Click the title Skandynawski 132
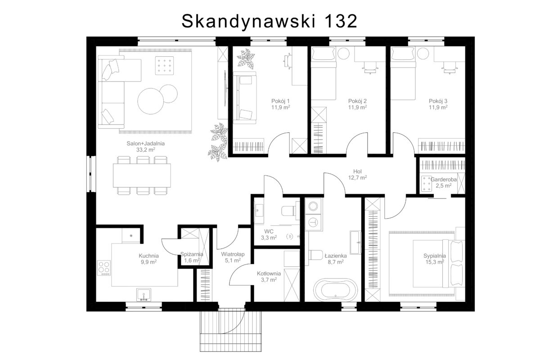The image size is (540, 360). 269,21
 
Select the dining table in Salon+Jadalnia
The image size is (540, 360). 142,175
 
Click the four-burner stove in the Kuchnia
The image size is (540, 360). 104,268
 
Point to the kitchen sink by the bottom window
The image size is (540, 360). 144,295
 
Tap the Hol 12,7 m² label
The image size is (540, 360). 357,175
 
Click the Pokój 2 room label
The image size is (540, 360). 357,101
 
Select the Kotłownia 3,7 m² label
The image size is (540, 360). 269,277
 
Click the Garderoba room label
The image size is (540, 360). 444,180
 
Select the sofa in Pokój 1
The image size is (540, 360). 244,98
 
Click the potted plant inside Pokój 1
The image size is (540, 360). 246,58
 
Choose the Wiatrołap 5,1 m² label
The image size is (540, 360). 233,257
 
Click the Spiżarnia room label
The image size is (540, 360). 192,254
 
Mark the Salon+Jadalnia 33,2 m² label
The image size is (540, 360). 146,147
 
